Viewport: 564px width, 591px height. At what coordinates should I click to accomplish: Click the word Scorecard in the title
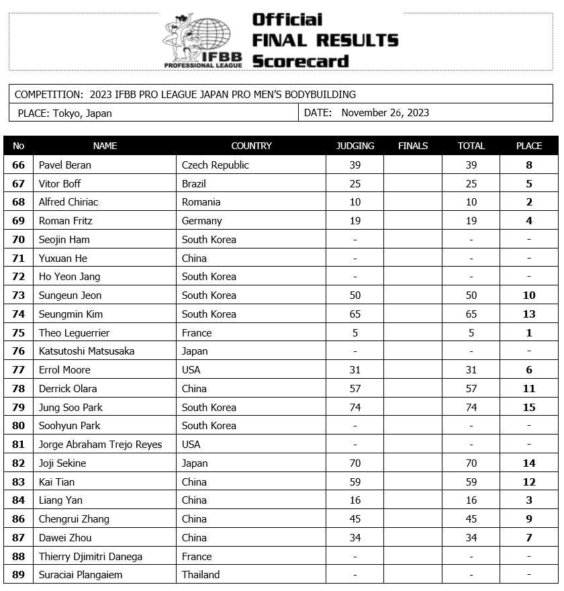(300, 61)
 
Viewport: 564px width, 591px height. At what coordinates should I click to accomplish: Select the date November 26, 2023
(385, 113)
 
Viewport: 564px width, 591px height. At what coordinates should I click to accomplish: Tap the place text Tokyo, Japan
(82, 113)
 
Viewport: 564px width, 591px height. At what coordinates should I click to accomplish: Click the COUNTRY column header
(251, 146)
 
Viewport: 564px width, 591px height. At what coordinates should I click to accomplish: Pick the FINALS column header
(412, 146)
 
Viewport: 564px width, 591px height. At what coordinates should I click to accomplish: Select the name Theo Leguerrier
(74, 332)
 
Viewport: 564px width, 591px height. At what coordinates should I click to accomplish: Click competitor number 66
(19, 165)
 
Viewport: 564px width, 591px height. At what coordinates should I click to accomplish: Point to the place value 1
(529, 332)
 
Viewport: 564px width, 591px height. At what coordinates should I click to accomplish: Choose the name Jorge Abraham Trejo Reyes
(100, 445)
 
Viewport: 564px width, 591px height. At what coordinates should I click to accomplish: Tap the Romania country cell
(201, 202)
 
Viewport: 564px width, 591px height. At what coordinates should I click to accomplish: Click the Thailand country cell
(201, 575)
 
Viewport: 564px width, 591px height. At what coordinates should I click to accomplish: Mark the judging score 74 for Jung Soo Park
(355, 407)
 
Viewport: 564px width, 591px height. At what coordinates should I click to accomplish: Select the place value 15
(529, 407)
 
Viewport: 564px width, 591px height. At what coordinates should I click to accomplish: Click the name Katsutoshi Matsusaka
(87, 351)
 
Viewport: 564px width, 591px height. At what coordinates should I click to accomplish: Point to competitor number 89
(19, 575)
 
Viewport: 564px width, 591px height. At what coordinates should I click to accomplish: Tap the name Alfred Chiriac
(68, 202)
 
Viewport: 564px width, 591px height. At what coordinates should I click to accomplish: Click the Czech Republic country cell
(216, 165)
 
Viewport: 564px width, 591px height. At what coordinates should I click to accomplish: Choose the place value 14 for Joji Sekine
(529, 463)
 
